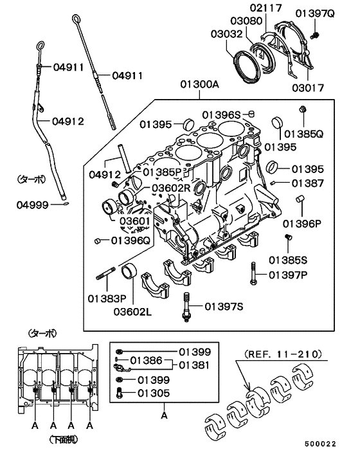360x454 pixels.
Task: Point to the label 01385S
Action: [x=287, y=260]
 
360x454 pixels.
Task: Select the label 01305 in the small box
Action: [x=156, y=392]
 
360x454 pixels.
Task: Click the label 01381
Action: [x=195, y=365]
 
